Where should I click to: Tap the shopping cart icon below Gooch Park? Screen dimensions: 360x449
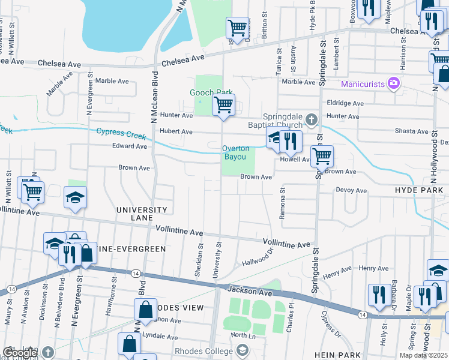(224, 106)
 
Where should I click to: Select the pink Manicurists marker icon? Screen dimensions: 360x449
(394, 83)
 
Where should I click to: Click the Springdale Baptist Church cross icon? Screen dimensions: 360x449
(311, 120)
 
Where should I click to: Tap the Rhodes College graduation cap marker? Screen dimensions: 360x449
(242, 350)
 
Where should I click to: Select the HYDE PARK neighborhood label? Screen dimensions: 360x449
(419, 190)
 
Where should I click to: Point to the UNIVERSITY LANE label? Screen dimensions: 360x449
(142, 214)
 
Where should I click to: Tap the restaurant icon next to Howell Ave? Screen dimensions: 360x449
(291, 141)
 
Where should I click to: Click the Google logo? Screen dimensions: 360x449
(20, 353)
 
